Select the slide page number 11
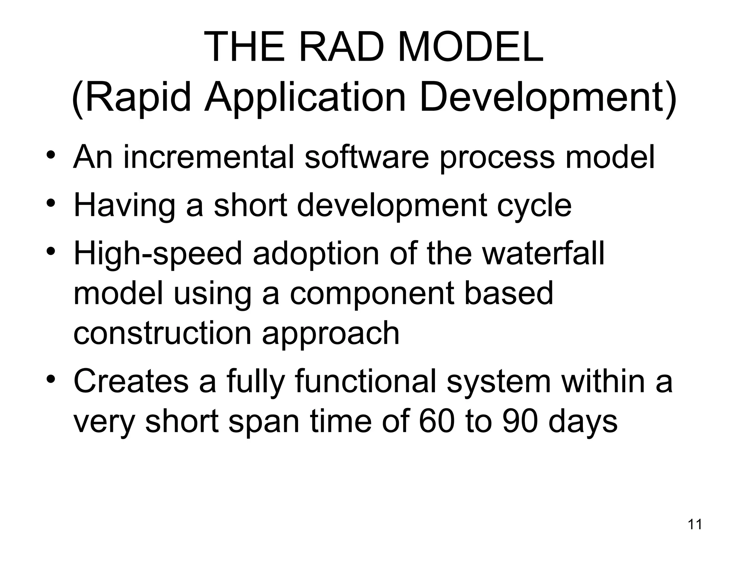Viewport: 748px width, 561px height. pos(695,524)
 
